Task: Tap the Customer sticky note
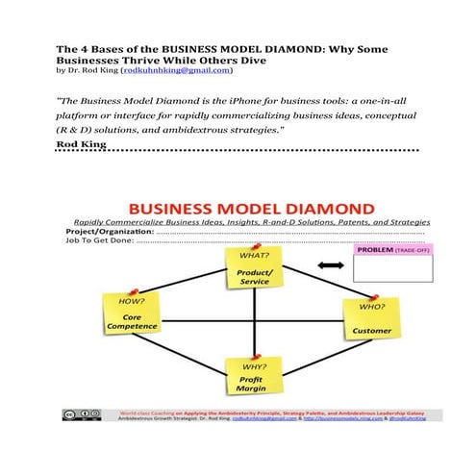pyautogui.click(x=371, y=323)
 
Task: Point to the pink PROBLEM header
pyautogui.click(x=392, y=249)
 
